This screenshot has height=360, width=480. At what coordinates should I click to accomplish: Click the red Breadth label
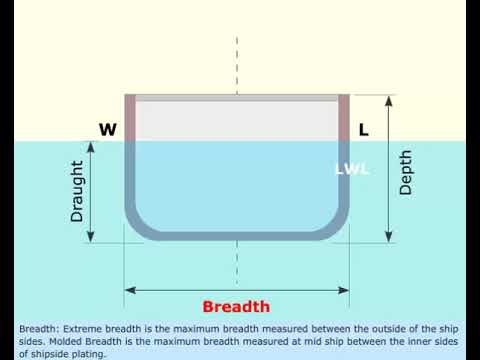pyautogui.click(x=236, y=307)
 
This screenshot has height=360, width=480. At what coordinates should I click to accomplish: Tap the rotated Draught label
pyautogui.click(x=77, y=191)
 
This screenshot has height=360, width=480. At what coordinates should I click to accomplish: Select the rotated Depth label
pyautogui.click(x=405, y=172)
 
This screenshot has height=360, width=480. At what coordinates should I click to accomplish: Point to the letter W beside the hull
pyautogui.click(x=107, y=129)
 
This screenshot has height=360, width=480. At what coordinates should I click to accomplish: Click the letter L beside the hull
pyautogui.click(x=363, y=129)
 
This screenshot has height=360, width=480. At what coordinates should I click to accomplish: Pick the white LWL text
pyautogui.click(x=352, y=169)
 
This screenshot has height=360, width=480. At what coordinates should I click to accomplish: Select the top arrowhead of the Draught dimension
pyautogui.click(x=91, y=145)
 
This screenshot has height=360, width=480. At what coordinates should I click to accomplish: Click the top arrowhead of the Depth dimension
pyautogui.click(x=388, y=100)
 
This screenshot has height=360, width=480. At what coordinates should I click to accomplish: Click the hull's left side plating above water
pyautogui.click(x=129, y=118)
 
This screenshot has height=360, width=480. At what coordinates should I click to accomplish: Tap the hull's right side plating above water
pyautogui.click(x=344, y=118)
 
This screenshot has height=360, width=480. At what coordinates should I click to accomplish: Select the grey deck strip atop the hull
pyautogui.click(x=237, y=98)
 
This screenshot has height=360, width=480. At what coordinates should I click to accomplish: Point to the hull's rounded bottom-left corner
pyautogui.click(x=138, y=225)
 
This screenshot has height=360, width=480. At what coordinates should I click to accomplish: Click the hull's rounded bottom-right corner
pyautogui.click(x=336, y=225)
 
